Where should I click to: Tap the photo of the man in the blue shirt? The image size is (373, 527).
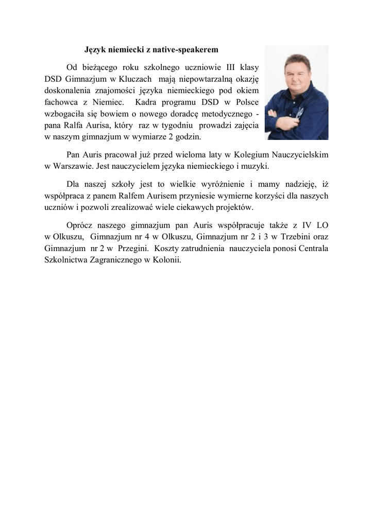tap(296, 93)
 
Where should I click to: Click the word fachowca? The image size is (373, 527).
tap(59, 101)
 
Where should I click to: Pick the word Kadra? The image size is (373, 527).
tap(146, 101)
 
